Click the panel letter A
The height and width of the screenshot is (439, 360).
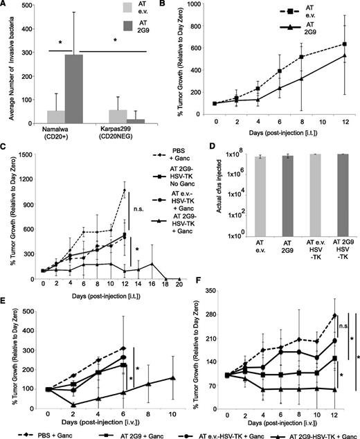(5, 6)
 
